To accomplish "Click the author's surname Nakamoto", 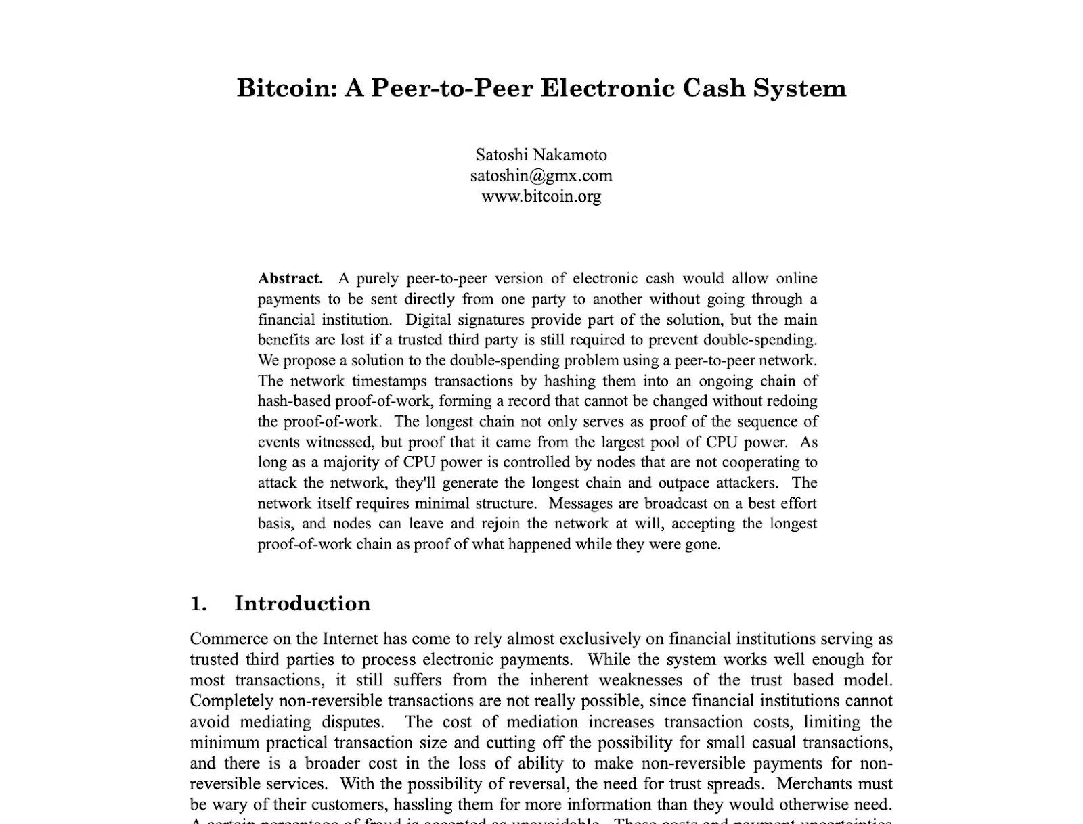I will [570, 155].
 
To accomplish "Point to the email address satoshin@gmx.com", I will [541, 176].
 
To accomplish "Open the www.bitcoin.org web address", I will [541, 196].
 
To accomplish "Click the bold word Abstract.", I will [290, 279].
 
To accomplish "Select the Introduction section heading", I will [303, 603].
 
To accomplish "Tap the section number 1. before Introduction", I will [198, 603].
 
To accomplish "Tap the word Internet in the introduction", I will [351, 639].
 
